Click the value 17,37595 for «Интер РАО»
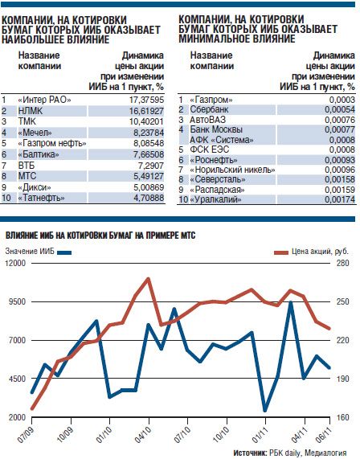(146, 100)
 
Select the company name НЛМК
(31, 111)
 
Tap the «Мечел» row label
(35, 133)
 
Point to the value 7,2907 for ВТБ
(151, 166)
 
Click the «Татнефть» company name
(41, 198)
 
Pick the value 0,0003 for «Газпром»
(342, 100)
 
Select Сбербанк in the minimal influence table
(209, 109)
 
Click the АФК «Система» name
(222, 140)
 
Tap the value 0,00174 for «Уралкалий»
(340, 199)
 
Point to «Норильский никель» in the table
(232, 170)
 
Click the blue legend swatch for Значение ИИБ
(64, 252)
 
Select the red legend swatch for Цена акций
(281, 252)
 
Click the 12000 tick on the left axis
(15, 263)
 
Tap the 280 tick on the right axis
(342, 263)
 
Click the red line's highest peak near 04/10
(149, 278)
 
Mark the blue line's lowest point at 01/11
(265, 411)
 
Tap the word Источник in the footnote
(250, 453)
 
